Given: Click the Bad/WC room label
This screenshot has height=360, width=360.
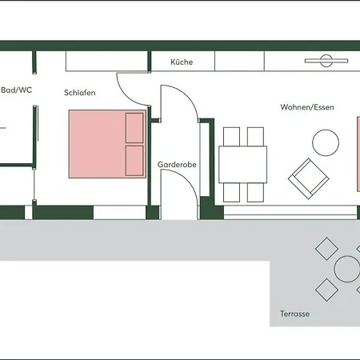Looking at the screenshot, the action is [17, 90].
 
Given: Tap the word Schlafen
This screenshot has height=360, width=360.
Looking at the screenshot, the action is [80, 93].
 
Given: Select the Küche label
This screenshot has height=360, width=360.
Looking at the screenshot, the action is [182, 62].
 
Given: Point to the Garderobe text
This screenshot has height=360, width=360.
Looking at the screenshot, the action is [177, 165].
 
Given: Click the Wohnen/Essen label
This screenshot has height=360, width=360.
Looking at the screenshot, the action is [307, 107].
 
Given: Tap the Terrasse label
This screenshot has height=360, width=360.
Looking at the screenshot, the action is [294, 314].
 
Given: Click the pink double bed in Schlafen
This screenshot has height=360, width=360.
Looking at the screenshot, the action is [107, 144].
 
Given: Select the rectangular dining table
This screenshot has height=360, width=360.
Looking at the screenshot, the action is [243, 165].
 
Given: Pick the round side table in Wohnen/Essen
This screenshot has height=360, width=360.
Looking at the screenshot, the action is [326, 142].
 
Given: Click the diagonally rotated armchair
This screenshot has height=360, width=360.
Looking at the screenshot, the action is [309, 178].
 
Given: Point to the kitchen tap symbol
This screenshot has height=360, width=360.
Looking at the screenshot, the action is [326, 61].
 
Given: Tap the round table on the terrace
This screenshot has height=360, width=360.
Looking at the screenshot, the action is [347, 269].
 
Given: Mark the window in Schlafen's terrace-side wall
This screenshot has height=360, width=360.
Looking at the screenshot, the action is [120, 212].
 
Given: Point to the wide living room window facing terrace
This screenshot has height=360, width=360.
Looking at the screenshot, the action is [290, 212].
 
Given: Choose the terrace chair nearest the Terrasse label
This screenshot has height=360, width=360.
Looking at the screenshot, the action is [326, 290].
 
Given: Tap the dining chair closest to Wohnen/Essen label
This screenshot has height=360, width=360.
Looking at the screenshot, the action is [255, 137].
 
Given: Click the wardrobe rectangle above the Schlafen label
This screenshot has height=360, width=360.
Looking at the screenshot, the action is [106, 61].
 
